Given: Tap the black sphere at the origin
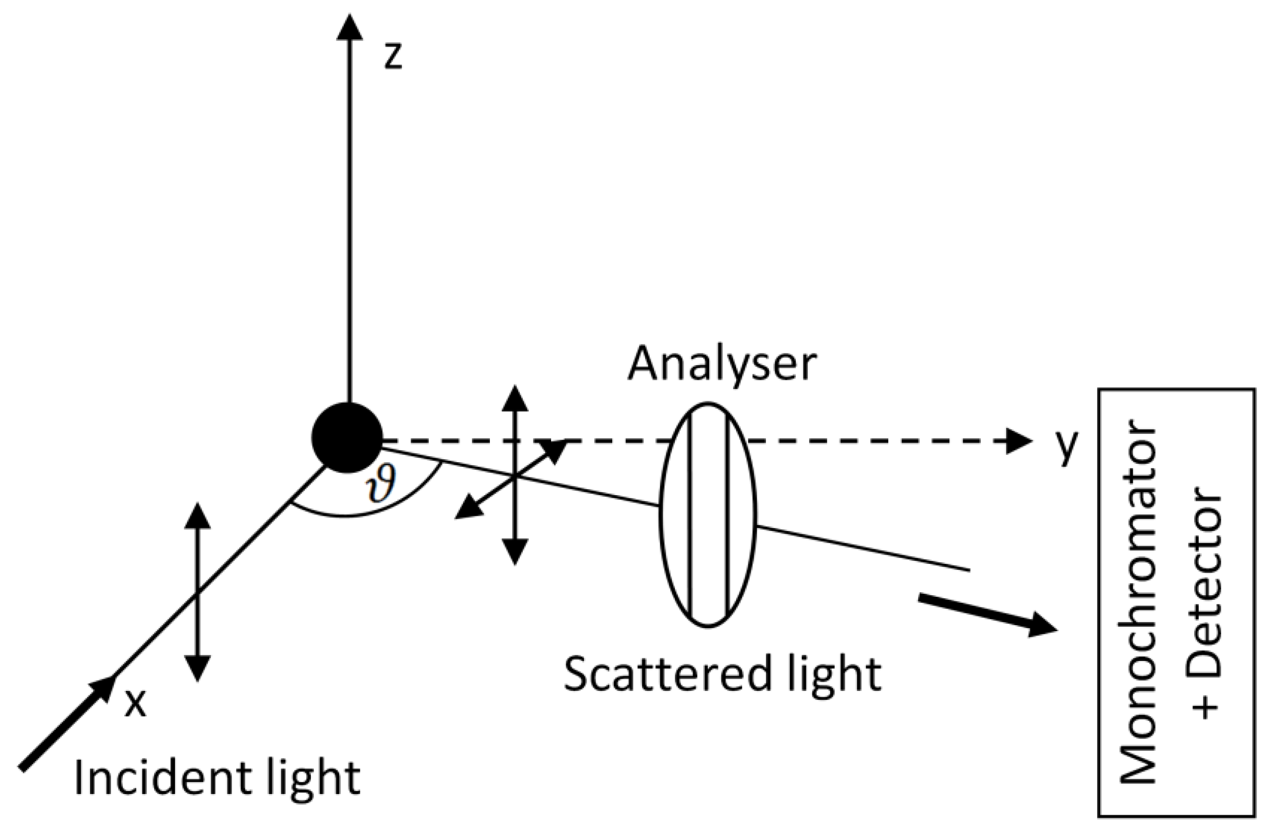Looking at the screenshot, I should tap(348, 437).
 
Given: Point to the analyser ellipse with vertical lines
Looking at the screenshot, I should tap(708, 514).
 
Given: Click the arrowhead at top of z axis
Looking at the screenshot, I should tap(349, 27).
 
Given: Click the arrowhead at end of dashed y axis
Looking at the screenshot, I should tap(1018, 441).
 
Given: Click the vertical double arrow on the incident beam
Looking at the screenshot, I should tap(198, 592).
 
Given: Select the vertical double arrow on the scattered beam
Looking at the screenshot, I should tap(515, 475).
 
